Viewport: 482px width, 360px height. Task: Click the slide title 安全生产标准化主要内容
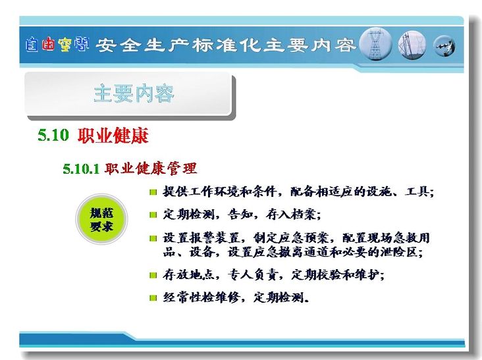(226, 45)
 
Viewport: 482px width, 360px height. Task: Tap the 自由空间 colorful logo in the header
(57, 45)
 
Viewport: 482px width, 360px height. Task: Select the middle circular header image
(412, 45)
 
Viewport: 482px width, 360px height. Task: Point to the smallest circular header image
(444, 46)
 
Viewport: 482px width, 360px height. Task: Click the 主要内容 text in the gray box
(134, 93)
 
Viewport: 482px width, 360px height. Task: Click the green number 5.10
(53, 135)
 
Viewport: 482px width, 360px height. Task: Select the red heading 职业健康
(113, 135)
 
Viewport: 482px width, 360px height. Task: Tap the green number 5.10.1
(81, 168)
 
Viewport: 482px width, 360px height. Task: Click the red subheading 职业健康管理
(150, 168)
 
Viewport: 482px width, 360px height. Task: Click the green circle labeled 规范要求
(101, 219)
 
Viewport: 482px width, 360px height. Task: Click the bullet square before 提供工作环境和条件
(153, 193)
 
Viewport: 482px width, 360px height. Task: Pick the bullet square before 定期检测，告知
(153, 215)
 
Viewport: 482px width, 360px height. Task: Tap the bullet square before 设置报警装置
(153, 238)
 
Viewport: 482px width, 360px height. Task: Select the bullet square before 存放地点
(153, 275)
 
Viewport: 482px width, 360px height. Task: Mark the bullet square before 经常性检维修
(153, 297)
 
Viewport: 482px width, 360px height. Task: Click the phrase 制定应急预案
(291, 238)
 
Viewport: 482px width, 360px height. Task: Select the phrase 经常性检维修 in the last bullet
(201, 297)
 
